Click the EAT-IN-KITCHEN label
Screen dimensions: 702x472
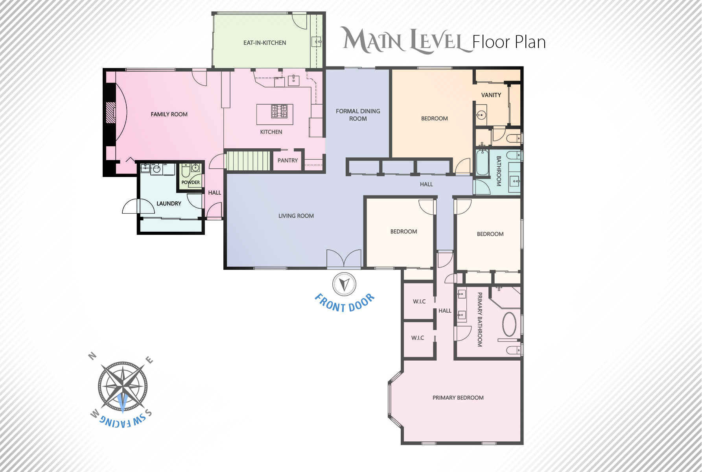tap(265, 43)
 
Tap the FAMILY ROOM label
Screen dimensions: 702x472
tap(169, 114)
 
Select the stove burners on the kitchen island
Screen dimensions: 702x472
tap(279, 111)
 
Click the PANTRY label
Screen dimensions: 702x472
tap(287, 160)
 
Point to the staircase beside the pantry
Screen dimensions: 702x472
tap(248, 160)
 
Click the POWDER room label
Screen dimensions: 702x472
tap(191, 183)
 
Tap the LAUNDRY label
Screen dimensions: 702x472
tap(169, 204)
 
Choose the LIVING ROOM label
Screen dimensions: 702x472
tap(296, 216)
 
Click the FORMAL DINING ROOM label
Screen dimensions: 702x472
tap(358, 115)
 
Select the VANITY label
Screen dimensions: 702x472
tap(491, 95)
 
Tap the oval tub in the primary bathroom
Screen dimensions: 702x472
tap(509, 324)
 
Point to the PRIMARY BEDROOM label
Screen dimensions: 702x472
tap(458, 398)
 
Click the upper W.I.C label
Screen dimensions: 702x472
tap(419, 302)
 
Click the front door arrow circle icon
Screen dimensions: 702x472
tap(345, 284)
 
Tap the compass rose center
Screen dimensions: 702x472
tap(123, 387)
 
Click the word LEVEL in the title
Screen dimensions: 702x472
tap(436, 41)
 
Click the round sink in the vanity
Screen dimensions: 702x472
tap(481, 115)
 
